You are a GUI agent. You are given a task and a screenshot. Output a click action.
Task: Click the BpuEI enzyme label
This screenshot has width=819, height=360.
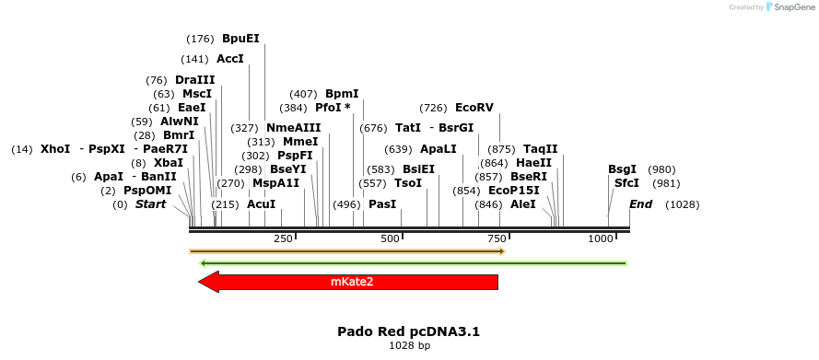240,39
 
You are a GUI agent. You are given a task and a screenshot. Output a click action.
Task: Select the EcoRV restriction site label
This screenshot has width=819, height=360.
474,108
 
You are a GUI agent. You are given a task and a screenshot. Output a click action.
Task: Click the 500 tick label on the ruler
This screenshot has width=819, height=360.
391,238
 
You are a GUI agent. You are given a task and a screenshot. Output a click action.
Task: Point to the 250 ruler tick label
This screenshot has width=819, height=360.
284,238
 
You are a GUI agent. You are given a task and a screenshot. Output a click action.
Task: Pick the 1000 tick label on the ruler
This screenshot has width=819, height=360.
601,238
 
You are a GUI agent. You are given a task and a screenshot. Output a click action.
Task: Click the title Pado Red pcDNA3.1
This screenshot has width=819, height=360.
409,331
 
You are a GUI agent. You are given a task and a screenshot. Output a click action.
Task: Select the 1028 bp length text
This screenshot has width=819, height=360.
409,346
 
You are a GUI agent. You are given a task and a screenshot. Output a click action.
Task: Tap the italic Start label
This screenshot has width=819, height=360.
150,203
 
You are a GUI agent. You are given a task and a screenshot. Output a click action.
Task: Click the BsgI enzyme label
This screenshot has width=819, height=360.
622,169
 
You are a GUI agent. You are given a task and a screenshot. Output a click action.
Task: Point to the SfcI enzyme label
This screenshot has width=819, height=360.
626,183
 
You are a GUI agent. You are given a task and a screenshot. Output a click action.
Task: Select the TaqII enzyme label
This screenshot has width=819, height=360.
540,149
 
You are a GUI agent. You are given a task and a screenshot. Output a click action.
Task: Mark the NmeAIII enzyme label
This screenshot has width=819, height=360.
294,128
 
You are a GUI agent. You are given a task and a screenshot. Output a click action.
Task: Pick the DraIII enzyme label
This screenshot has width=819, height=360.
194,80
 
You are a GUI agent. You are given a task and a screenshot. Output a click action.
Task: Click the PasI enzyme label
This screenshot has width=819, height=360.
382,203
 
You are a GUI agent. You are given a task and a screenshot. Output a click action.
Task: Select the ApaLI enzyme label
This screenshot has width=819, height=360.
438,149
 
